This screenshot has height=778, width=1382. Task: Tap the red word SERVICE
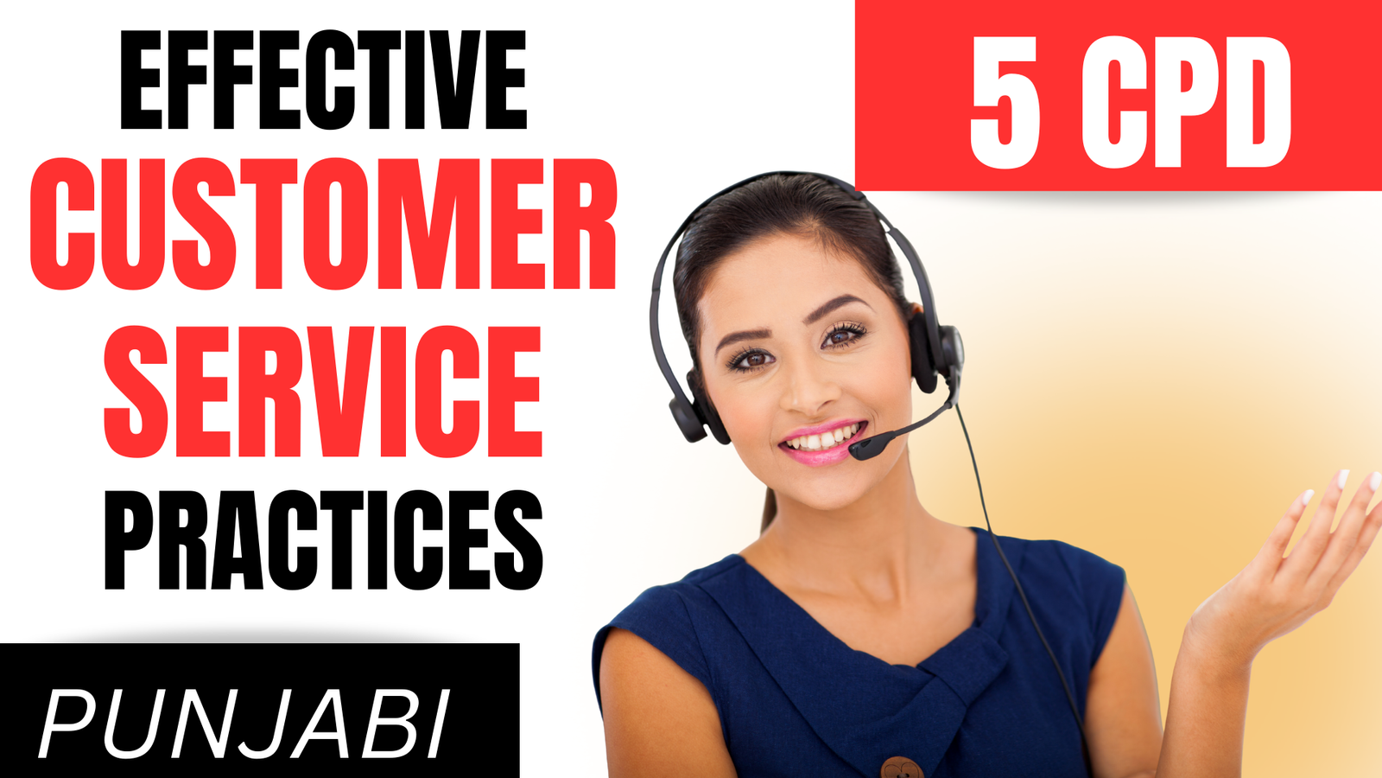coord(322,391)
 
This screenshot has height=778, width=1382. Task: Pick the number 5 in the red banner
coord(1005,104)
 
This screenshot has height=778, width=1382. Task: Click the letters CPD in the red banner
coord(1188,104)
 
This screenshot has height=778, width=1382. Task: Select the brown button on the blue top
coord(899,766)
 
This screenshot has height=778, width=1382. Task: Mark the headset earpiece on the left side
coord(691,411)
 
